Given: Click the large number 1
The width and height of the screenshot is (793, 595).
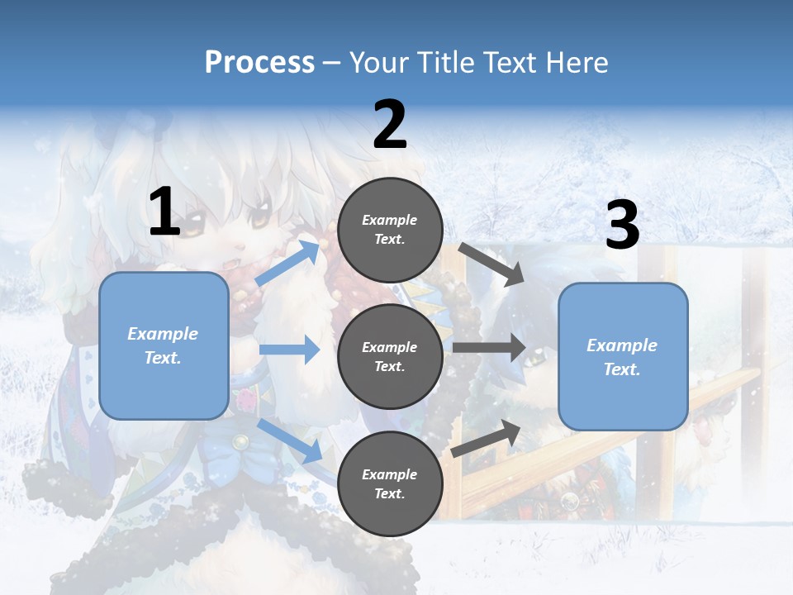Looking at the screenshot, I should [x=164, y=212].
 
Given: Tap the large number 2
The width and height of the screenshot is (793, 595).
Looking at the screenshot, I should [x=390, y=126].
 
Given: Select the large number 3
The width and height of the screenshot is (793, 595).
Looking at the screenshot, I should [x=622, y=226].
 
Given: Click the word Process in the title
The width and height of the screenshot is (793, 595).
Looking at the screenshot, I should [x=259, y=62].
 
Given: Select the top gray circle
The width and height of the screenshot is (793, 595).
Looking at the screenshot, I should [x=390, y=230].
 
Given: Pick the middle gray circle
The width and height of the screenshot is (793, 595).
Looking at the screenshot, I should [x=390, y=356].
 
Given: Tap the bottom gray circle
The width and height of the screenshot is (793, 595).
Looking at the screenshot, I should [x=390, y=483].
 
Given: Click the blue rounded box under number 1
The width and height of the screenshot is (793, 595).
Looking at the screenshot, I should [x=164, y=345].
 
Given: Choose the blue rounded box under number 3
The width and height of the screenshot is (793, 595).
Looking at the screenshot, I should [x=623, y=356].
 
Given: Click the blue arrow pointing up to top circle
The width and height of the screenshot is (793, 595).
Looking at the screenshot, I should [x=287, y=264].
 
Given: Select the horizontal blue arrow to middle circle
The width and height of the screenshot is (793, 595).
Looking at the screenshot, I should [x=289, y=350].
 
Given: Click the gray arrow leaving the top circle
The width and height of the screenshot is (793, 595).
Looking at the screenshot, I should [x=491, y=264].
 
